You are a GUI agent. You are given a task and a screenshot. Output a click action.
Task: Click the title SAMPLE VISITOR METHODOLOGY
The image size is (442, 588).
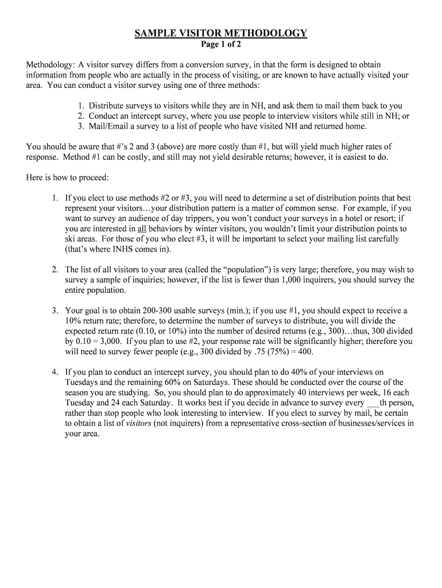tap(221, 33)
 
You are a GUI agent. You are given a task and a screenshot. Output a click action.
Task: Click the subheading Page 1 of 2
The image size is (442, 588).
tap(221, 44)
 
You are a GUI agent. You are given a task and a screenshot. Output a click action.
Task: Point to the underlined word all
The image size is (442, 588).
tap(142, 229)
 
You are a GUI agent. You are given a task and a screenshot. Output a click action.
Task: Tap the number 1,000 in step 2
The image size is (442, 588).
tap(288, 280)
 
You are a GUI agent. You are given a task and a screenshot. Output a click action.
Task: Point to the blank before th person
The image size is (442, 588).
tap(372, 403)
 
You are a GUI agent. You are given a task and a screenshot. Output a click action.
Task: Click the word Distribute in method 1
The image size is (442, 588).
tap(107, 106)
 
